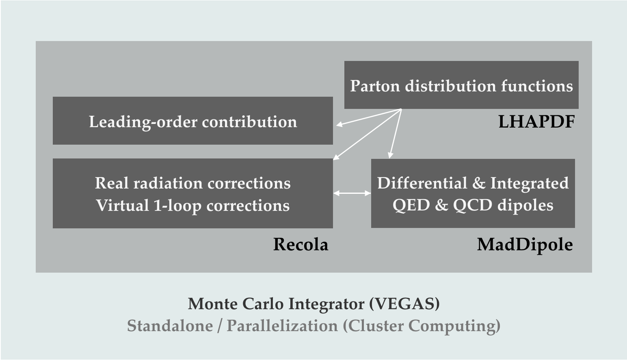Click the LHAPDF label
click(536, 121)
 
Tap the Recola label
click(301, 244)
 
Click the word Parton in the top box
click(375, 86)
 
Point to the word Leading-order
click(143, 122)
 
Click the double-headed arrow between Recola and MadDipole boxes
click(352, 193)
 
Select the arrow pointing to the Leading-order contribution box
click(369, 117)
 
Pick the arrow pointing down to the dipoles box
click(396, 134)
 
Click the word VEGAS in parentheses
click(404, 304)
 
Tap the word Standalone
click(170, 325)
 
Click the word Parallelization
click(282, 325)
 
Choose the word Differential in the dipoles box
click(422, 183)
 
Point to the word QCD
click(473, 205)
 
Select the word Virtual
click(123, 205)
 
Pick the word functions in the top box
click(537, 86)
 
